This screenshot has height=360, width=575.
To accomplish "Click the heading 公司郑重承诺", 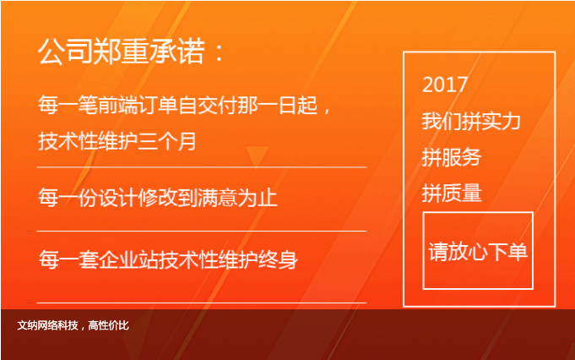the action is tap(122, 52).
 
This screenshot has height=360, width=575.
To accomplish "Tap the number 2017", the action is tap(445, 85).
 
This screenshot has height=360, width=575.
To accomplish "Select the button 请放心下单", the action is tap(478, 251).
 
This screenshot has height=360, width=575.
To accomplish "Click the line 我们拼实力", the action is tap(471, 121).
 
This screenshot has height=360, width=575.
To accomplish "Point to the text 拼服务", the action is tap(452, 157).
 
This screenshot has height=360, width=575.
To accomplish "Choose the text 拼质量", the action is tap(452, 193).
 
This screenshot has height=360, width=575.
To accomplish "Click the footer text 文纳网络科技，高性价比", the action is tap(73, 325).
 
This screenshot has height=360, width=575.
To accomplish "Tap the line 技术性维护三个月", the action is tap(117, 141).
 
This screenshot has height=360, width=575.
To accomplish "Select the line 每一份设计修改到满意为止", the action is tap(158, 198).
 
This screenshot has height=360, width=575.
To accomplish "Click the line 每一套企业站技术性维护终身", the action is tap(168, 259).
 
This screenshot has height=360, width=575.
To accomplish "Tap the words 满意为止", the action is tap(237, 198).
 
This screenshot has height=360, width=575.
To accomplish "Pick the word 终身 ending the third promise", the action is tap(279, 259).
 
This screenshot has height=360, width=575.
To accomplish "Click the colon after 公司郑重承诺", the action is tap(220, 53).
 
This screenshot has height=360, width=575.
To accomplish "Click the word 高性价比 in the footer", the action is tap(109, 325).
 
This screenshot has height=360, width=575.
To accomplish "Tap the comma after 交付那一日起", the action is tap(327, 109).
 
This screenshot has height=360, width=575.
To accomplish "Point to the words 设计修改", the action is tap(138, 198).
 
